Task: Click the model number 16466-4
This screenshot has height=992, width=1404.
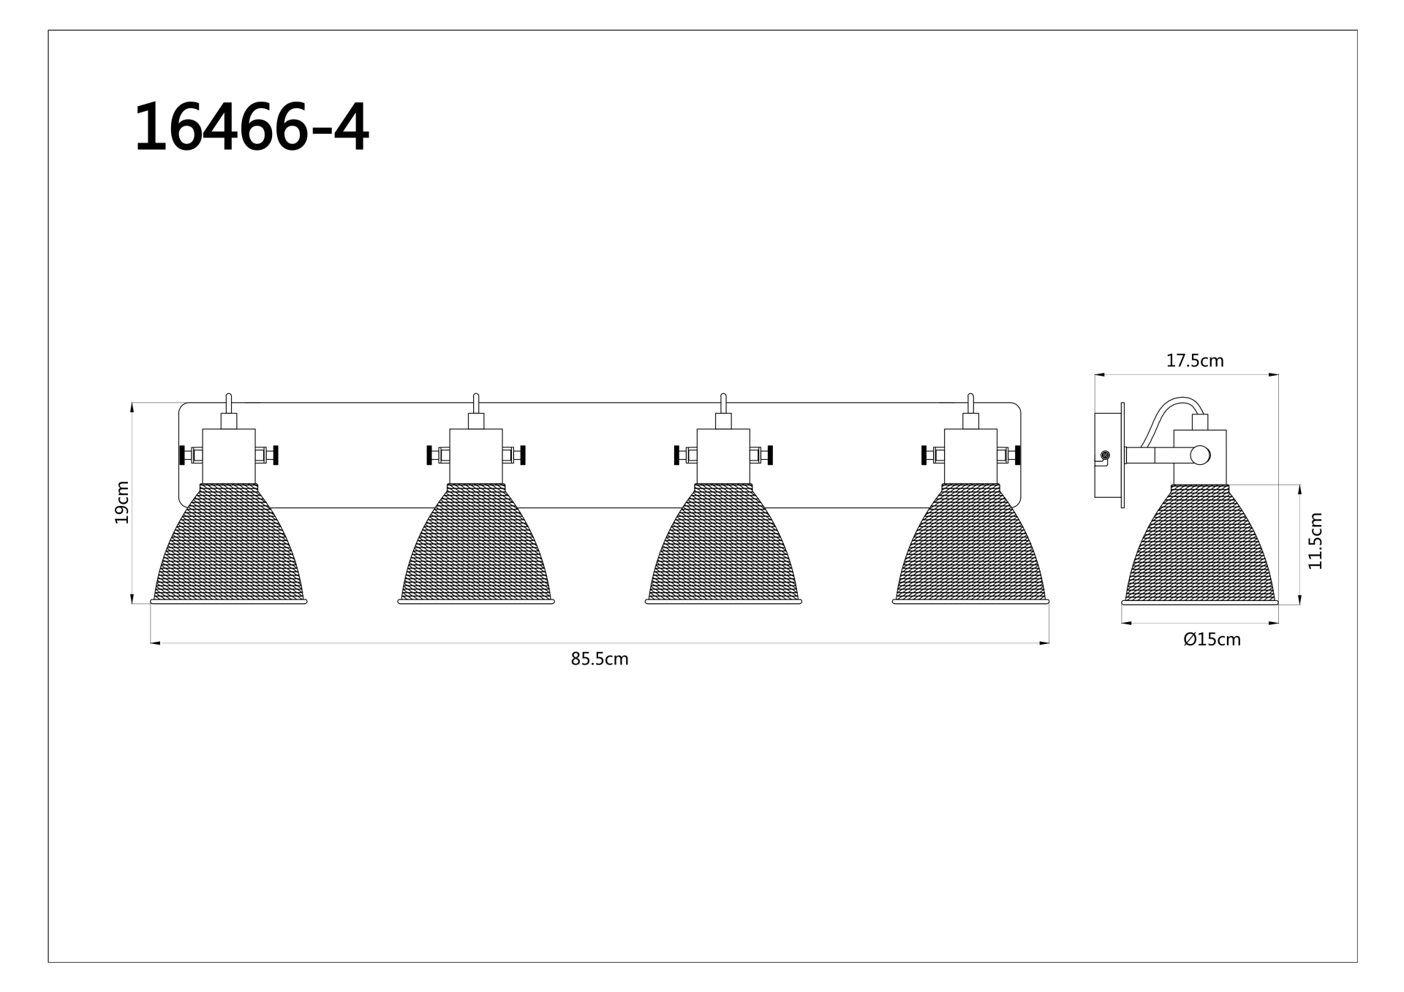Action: point(252,127)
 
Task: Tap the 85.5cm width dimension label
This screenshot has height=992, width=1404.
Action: point(600,659)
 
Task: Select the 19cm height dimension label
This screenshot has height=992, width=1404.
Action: point(121,502)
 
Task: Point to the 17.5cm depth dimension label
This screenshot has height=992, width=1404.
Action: point(1195,360)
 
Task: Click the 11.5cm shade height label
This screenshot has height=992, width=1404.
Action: point(1316,541)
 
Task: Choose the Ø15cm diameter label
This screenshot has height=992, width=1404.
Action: point(1212,640)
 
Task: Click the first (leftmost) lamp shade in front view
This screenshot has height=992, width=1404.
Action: point(229,544)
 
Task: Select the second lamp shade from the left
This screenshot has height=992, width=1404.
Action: point(476,544)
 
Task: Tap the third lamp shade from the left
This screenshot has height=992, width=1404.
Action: point(723,544)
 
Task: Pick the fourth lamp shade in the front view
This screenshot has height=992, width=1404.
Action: point(970,544)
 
